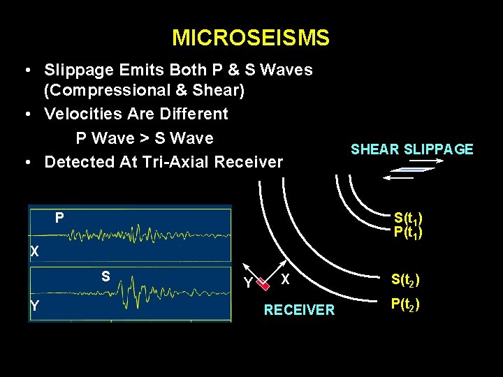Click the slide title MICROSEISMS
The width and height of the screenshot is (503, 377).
click(x=251, y=38)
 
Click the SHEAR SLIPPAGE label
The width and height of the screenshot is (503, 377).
click(x=411, y=149)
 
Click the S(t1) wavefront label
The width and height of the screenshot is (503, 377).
click(x=408, y=219)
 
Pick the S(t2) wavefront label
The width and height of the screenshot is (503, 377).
click(x=405, y=281)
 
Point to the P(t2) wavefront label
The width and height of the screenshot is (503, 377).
click(x=405, y=304)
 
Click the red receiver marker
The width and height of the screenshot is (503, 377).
click(x=262, y=283)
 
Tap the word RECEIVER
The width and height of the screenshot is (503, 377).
click(x=299, y=310)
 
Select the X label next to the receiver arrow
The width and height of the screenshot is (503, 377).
click(x=285, y=279)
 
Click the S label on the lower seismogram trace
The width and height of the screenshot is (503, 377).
click(x=105, y=276)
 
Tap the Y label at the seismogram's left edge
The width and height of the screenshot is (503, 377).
click(x=34, y=305)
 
